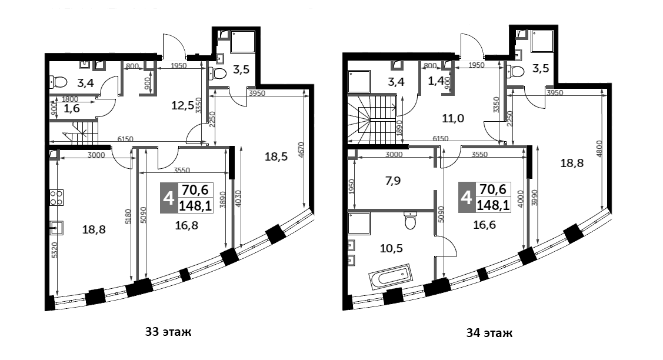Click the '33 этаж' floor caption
(168, 332)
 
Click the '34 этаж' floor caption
(489, 334)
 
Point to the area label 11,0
(453, 118)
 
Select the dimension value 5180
(128, 218)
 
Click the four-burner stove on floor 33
(57, 198)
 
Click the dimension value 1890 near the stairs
(400, 129)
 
